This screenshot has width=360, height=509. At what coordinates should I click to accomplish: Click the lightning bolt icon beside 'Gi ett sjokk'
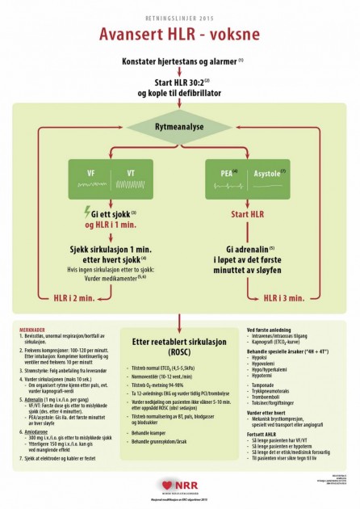87,214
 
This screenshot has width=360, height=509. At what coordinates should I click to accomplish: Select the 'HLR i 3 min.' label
284,297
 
